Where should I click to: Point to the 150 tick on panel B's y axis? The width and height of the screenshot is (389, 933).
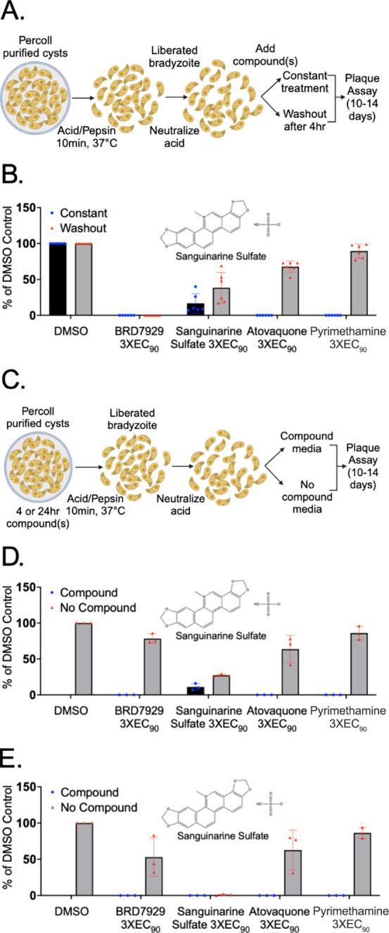[44, 208]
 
